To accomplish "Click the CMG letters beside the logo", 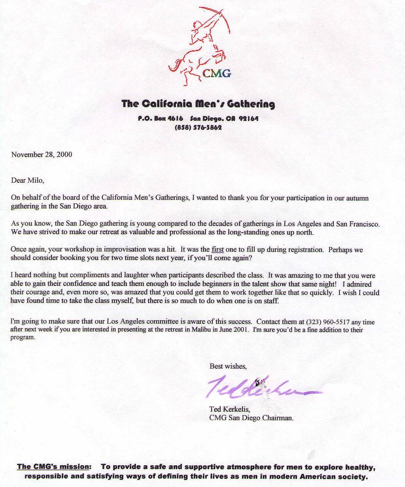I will pos(217,73).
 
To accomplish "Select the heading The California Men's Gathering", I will pos(198,104).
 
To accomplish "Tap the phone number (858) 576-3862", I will pos(198,127).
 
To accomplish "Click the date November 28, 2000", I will pos(42,154).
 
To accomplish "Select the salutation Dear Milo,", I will pos(28,180).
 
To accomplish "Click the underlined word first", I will pos(218,250).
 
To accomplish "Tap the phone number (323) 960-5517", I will pos(328,322).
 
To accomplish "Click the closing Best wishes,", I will pos(228,366).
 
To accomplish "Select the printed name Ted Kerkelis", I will pos(229,409).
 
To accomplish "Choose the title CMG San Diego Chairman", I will pos(251,418).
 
